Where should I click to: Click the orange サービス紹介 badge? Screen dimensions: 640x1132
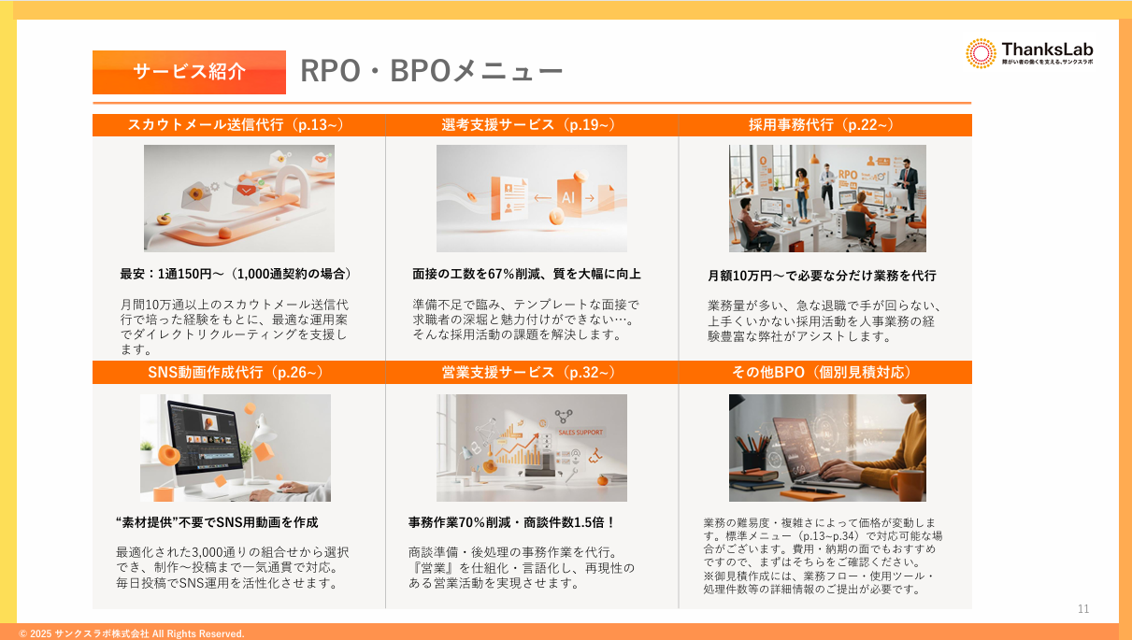click(189, 72)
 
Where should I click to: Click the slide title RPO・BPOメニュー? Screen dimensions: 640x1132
click(431, 72)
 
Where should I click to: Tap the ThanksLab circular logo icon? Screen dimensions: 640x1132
click(981, 53)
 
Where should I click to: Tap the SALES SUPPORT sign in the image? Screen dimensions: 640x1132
click(580, 433)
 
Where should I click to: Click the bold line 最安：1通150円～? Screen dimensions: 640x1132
click(236, 274)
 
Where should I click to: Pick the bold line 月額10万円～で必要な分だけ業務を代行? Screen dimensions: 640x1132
click(822, 276)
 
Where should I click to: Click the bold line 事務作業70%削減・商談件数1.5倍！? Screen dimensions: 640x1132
click(512, 522)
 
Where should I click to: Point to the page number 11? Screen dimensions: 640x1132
click(1083, 609)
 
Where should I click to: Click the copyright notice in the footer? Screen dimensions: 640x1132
click(132, 633)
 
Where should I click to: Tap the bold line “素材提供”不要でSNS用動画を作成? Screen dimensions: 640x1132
click(217, 522)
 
